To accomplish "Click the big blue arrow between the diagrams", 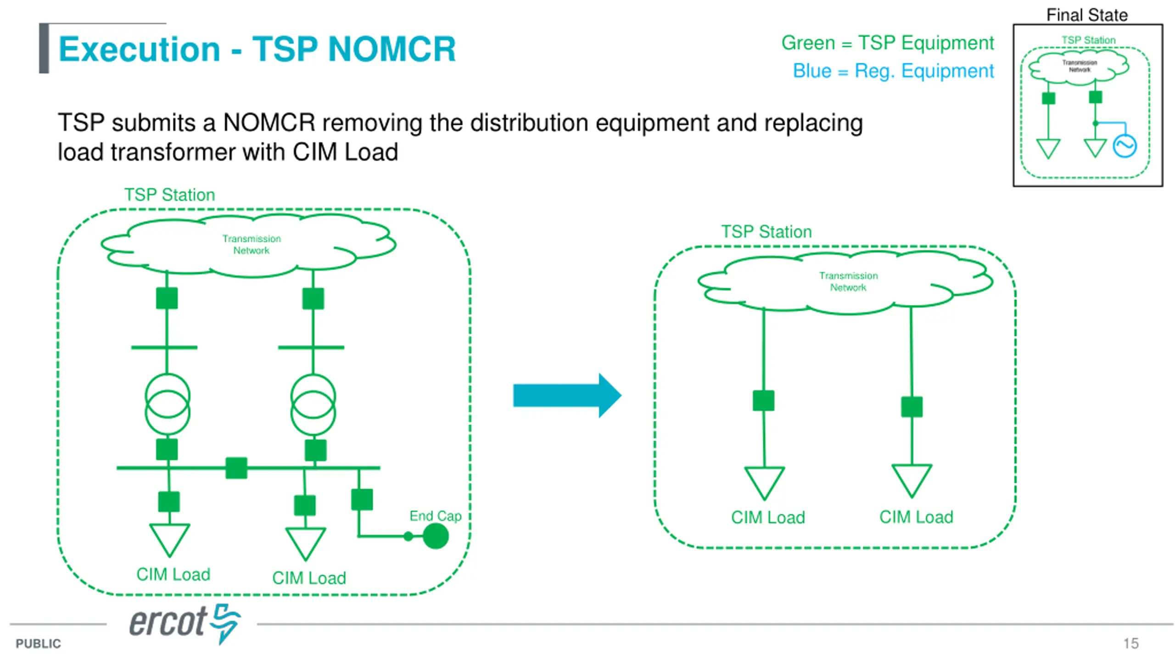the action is click(567, 395).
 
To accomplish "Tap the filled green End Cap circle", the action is click(435, 536).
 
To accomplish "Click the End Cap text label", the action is click(435, 515).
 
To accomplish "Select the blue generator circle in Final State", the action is click(1125, 146).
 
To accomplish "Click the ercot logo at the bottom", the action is click(185, 623).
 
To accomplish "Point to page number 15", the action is click(1131, 643).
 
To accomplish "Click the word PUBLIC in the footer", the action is click(38, 644).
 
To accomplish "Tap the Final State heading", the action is click(1087, 15).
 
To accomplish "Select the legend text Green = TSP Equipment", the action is click(887, 43).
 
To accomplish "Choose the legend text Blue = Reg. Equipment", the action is click(893, 71).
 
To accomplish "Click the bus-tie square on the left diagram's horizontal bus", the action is click(236, 468).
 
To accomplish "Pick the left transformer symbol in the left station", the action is click(167, 404).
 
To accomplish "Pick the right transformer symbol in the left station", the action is click(313, 404).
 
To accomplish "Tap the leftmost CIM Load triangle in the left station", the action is click(169, 540).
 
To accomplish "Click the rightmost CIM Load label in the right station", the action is click(916, 517).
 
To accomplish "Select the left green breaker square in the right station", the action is click(763, 400).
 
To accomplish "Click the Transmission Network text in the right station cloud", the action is click(848, 281).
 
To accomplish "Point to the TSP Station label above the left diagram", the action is click(169, 195).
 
